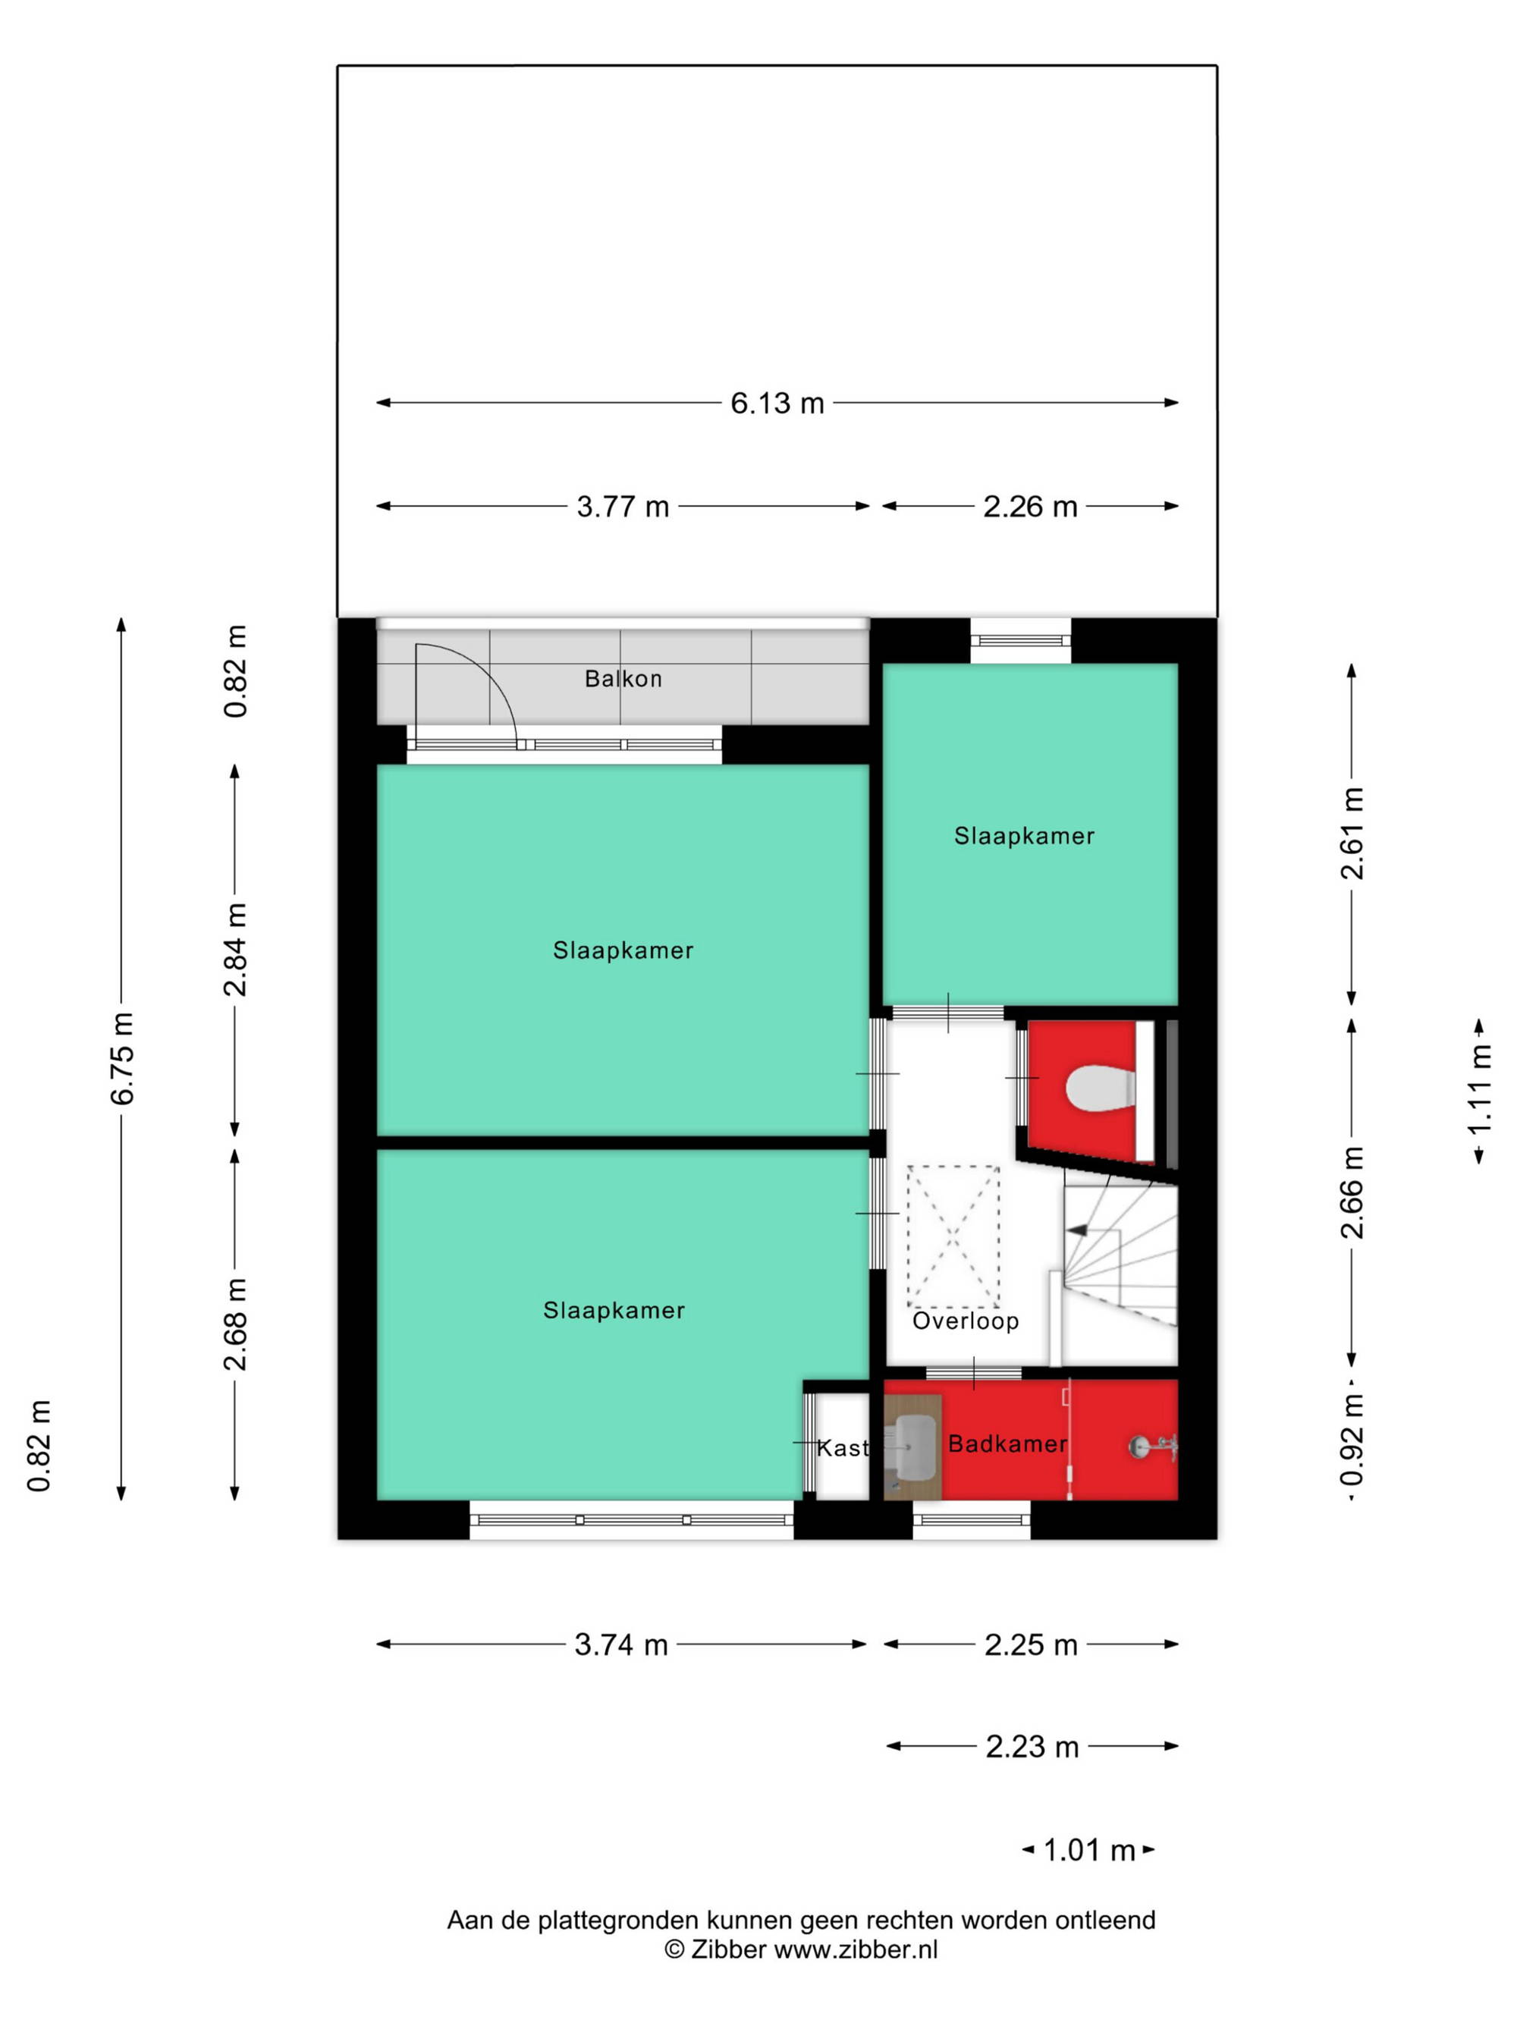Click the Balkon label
pyautogui.click(x=623, y=679)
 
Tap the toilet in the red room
pyautogui.click(x=1100, y=1088)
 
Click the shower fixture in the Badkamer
pyautogui.click(x=1151, y=1446)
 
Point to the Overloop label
pyautogui.click(x=965, y=1321)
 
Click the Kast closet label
pyautogui.click(x=841, y=1448)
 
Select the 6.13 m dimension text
pyautogui.click(x=777, y=404)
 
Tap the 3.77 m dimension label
pyautogui.click(x=623, y=507)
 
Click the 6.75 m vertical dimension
pyautogui.click(x=123, y=1058)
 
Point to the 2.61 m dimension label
pyautogui.click(x=1352, y=833)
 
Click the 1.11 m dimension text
pyautogui.click(x=1480, y=1089)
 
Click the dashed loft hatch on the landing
pyautogui.click(x=953, y=1236)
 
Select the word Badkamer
pyautogui.click(x=1008, y=1443)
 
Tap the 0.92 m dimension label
pyautogui.click(x=1352, y=1440)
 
